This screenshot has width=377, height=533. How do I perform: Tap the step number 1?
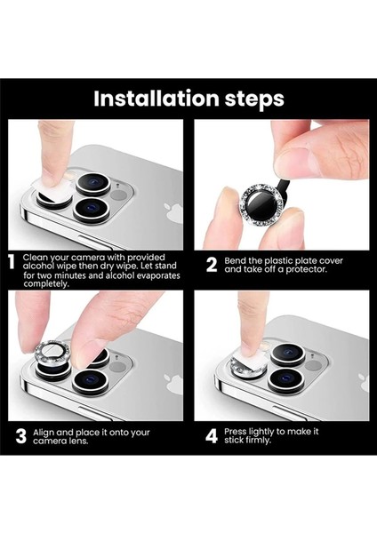pos(12,264)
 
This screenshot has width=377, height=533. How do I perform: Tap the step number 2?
pos(212,264)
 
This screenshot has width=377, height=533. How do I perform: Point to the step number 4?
pos(212,436)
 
